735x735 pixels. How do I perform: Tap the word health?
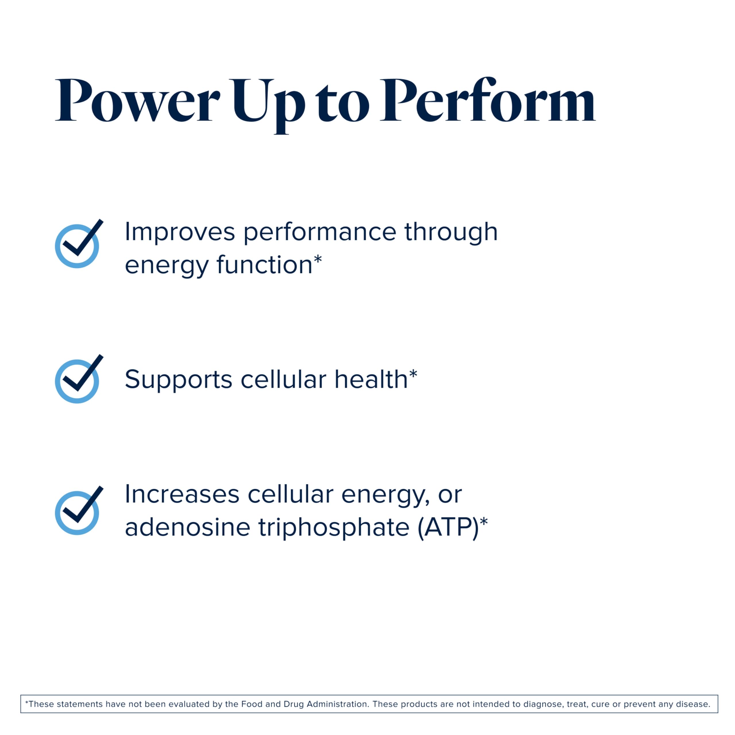click(371, 379)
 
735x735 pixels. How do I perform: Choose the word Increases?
click(182, 495)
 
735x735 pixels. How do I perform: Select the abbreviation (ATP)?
click(448, 528)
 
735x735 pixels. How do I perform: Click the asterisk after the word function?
click(318, 260)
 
